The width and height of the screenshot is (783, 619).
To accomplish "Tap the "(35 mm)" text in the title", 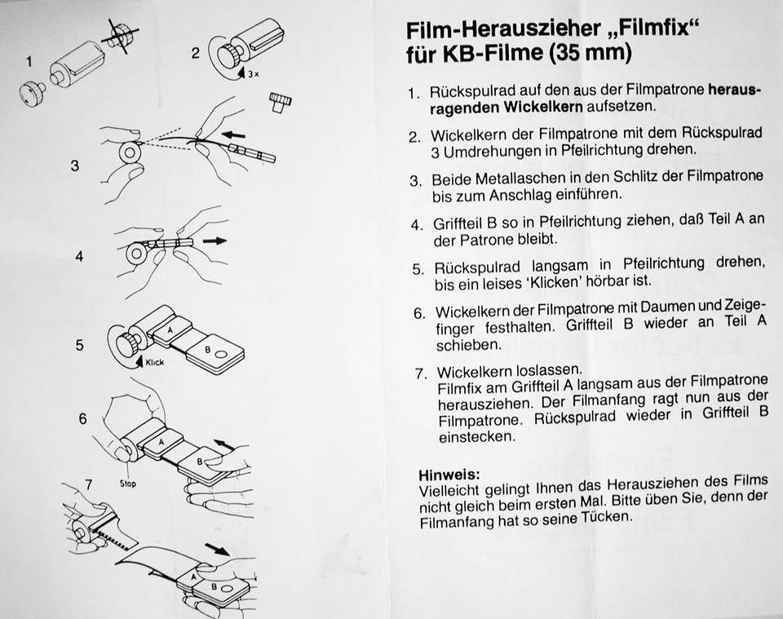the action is [590, 53].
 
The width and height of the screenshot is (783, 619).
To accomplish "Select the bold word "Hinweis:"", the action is [449, 474].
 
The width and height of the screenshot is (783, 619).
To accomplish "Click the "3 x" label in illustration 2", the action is [254, 74].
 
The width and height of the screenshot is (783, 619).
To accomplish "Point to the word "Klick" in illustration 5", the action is [154, 362].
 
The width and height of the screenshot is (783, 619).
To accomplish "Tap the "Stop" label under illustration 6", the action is [127, 484].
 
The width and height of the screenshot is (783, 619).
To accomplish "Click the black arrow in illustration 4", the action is [215, 241].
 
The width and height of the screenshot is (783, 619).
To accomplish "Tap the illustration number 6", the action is [83, 418].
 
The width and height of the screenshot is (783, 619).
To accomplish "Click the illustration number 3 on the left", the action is [75, 166].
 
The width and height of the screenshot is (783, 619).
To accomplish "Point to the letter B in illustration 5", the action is [208, 350].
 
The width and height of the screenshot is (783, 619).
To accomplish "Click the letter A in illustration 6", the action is [161, 442].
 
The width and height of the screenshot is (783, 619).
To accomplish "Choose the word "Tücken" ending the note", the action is [606, 518].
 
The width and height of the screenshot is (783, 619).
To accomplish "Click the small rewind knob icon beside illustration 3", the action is [281, 101].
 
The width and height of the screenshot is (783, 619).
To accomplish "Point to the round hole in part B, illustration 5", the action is [221, 356].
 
